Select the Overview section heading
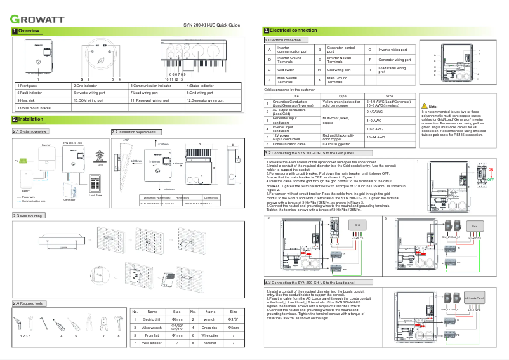pyautogui.click(x=29, y=31)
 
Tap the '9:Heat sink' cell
pyautogui.click(x=42, y=100)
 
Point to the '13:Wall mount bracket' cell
pyautogui.click(x=42, y=108)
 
